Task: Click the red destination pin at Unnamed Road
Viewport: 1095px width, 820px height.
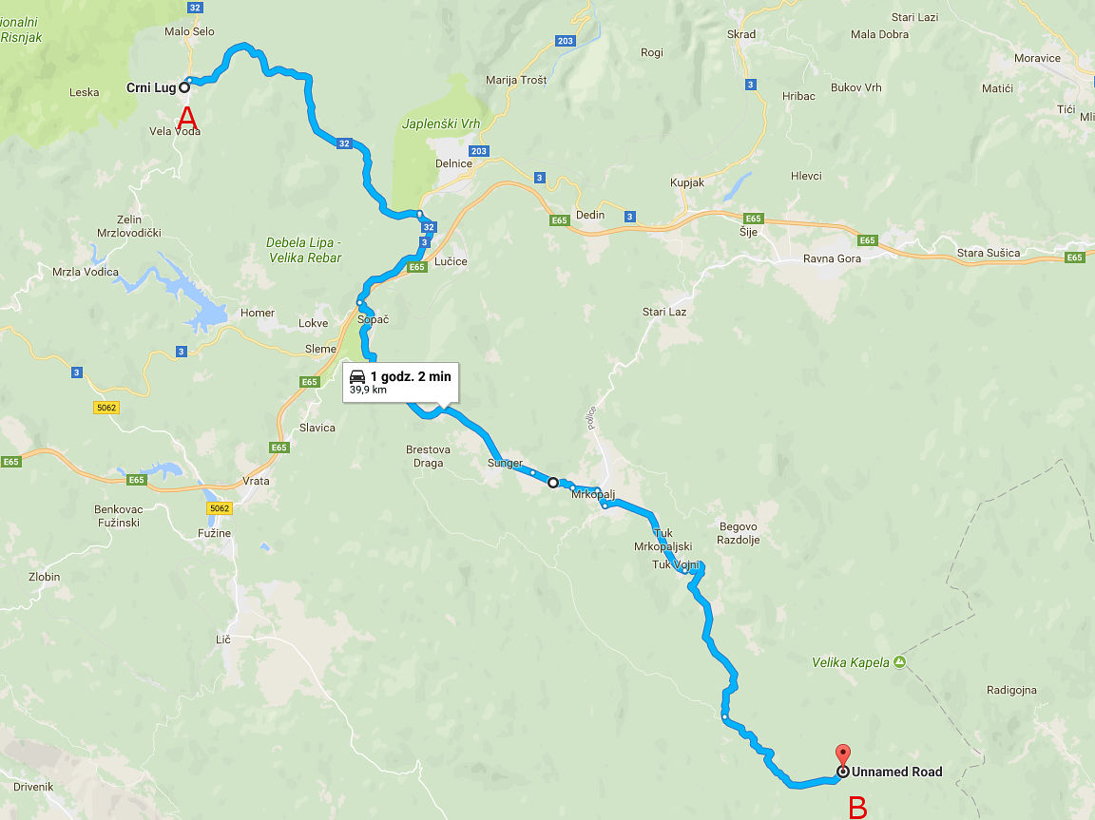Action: pos(842,757)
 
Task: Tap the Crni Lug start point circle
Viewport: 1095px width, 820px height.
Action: pos(185,87)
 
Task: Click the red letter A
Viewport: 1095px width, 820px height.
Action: pos(187,119)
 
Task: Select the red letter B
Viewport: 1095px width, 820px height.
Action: pos(857,807)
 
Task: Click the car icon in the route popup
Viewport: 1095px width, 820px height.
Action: pos(357,376)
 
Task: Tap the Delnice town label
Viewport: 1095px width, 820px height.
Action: pos(453,163)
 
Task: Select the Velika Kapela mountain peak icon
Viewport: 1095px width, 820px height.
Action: pos(899,662)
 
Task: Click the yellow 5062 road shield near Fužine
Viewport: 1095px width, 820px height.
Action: pos(220,508)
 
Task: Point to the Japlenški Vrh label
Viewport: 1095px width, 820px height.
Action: pos(440,124)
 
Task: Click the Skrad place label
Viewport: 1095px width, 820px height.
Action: pos(741,34)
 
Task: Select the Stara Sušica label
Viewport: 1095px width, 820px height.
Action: pos(988,253)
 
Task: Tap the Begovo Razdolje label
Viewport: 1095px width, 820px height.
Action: pos(739,533)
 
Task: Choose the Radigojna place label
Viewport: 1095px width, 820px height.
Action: pos(1011,690)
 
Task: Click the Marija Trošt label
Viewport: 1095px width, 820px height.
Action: pos(516,80)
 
